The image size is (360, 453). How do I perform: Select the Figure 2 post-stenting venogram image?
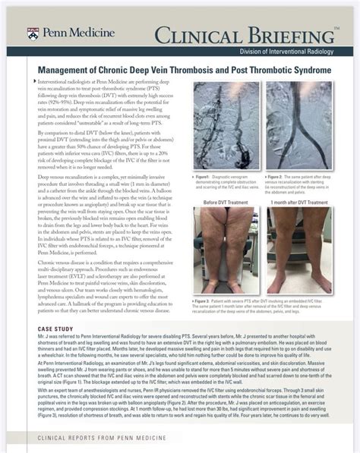298,120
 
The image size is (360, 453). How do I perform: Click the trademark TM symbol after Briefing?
336,27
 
